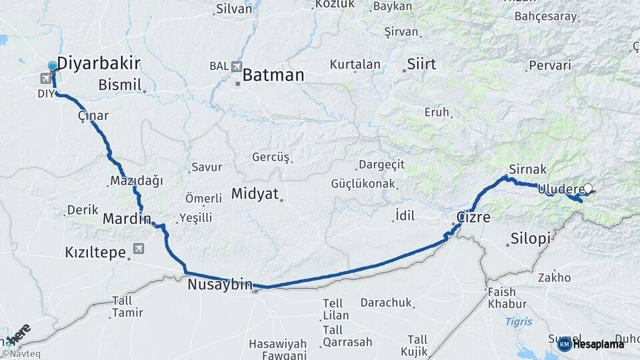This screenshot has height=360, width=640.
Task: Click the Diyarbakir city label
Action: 99,64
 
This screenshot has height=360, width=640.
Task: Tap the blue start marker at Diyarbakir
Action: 53,67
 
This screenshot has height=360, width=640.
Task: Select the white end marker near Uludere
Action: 588,189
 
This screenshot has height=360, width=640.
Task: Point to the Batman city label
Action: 273,75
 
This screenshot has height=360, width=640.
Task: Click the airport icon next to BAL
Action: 237,67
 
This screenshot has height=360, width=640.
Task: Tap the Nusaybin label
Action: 219,285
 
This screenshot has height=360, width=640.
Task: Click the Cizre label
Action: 474,218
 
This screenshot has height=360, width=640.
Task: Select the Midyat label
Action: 254,194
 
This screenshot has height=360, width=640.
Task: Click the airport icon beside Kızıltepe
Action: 139,249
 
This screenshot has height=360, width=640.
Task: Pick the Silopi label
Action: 531,239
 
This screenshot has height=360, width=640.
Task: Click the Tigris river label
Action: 519,321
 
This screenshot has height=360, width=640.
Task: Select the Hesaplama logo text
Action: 599,344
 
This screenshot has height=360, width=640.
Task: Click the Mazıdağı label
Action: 137,181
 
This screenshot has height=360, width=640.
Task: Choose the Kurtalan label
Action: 355,65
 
